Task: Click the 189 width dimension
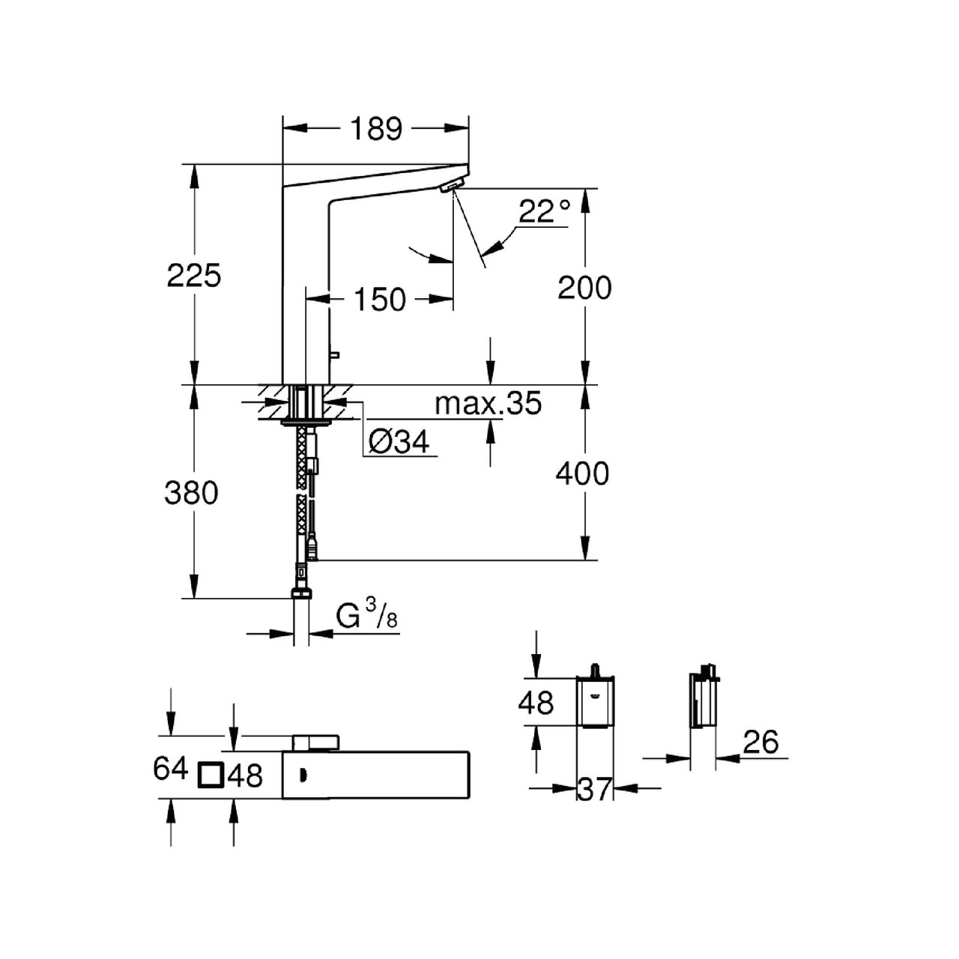[375, 129]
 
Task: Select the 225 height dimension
[194, 276]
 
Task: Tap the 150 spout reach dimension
[380, 300]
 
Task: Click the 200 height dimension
[584, 288]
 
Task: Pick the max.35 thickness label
[488, 404]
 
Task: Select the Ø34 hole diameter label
[400, 443]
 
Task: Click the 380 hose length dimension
[192, 493]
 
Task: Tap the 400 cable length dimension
[582, 474]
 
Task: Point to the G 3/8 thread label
[366, 617]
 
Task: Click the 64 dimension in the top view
[170, 768]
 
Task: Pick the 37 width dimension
[595, 789]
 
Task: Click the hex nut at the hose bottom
[302, 595]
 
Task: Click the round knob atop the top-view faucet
[318, 742]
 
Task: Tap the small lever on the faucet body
[335, 354]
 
